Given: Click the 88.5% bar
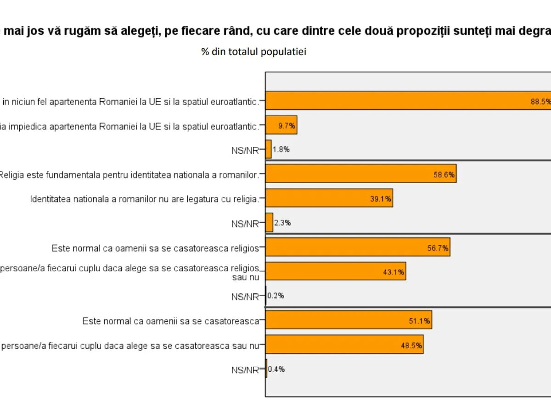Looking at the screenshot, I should tap(408, 101).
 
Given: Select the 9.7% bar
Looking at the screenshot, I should tap(281, 125).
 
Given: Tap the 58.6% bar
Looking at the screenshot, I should tap(361, 173).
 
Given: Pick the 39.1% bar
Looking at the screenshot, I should tap(329, 198).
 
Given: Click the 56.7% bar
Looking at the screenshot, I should tap(358, 247).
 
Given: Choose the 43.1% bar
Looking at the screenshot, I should tap(336, 271).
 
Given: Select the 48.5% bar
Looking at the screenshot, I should tap(344, 345).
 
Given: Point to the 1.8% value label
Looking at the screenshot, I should tap(281, 149).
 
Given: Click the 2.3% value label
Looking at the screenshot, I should tap(282, 223).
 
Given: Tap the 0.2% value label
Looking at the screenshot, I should tap(275, 296).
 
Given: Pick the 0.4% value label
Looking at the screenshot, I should tap(276, 369).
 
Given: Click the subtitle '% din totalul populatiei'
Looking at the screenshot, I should tap(253, 52).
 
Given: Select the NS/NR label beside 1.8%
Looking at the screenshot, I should tap(245, 150).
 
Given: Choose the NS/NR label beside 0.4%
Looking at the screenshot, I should tap(245, 370).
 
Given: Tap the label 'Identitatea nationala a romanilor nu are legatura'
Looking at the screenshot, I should tap(145, 199).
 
